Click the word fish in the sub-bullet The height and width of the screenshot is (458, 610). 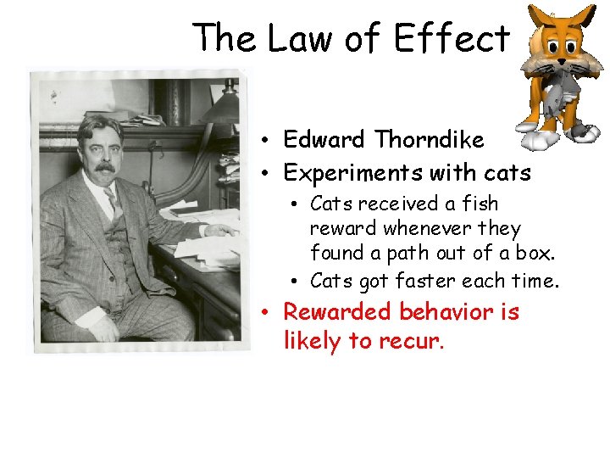pyautogui.click(x=480, y=204)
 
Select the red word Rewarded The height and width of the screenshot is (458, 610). pyautogui.click(x=337, y=312)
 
